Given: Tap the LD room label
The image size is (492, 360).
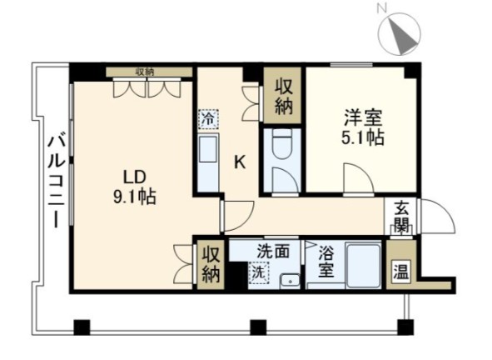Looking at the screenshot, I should pyautogui.click(x=136, y=177).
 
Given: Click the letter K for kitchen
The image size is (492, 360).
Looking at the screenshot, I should pyautogui.click(x=239, y=162).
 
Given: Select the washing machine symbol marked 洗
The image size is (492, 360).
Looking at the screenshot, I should pyautogui.click(x=260, y=272).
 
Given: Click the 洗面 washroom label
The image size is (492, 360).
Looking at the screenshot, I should pyautogui.click(x=273, y=249).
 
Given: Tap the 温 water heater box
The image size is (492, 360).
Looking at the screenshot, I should pyautogui.click(x=400, y=272).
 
